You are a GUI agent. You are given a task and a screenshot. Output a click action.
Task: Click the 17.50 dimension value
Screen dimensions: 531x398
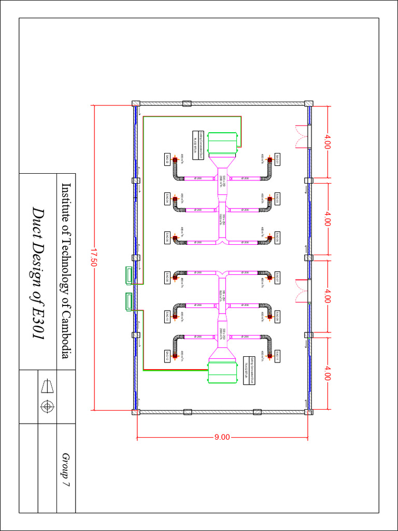tap(94, 258)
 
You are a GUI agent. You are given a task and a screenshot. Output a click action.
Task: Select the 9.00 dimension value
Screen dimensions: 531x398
tap(222, 437)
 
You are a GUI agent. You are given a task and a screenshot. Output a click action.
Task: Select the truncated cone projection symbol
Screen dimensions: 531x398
tap(47, 386)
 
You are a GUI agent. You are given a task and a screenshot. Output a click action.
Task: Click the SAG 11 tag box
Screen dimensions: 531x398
tap(278, 356)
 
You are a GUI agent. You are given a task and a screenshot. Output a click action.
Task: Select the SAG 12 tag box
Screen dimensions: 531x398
tap(167, 356)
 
